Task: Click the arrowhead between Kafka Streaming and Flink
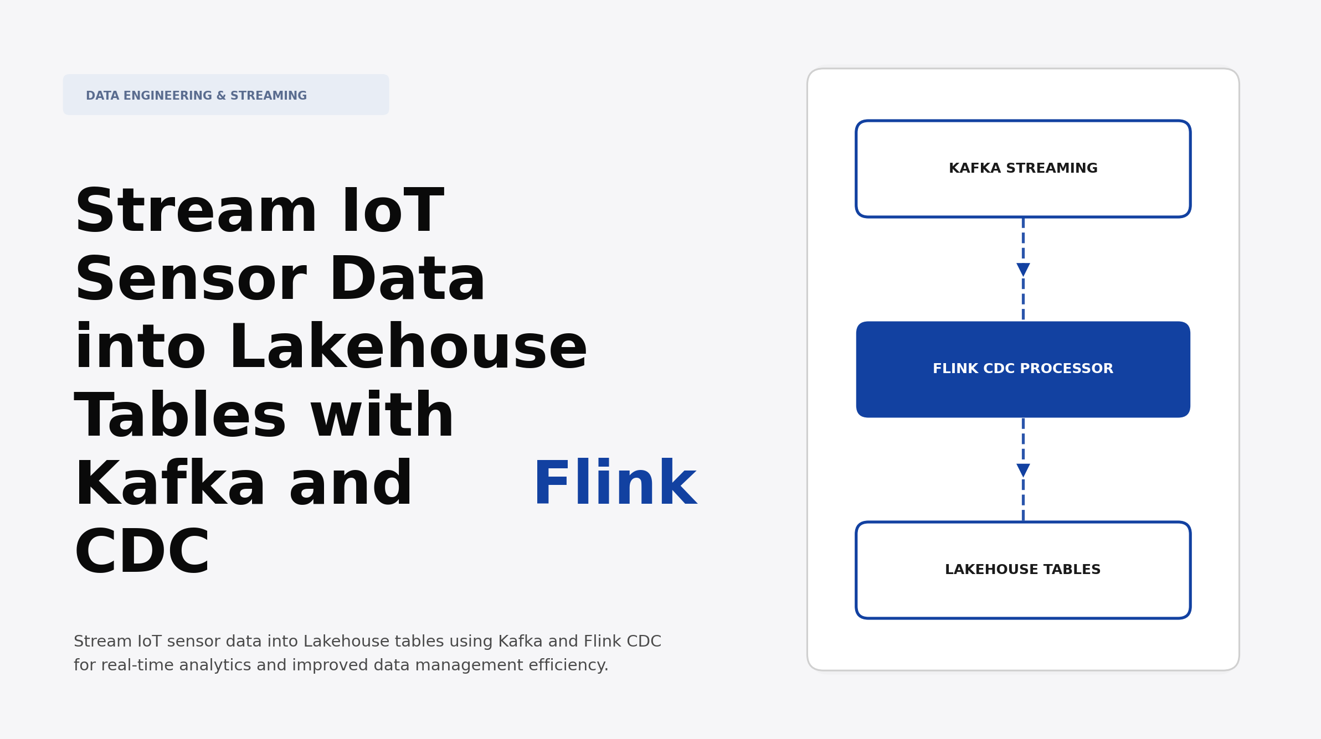click(x=1023, y=270)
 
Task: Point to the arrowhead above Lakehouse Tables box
click(x=1023, y=470)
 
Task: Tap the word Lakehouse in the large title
click(x=408, y=348)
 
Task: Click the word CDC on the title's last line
click(x=142, y=552)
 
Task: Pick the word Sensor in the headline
click(x=191, y=280)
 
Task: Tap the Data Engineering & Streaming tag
click(x=226, y=95)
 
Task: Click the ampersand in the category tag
click(x=221, y=96)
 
